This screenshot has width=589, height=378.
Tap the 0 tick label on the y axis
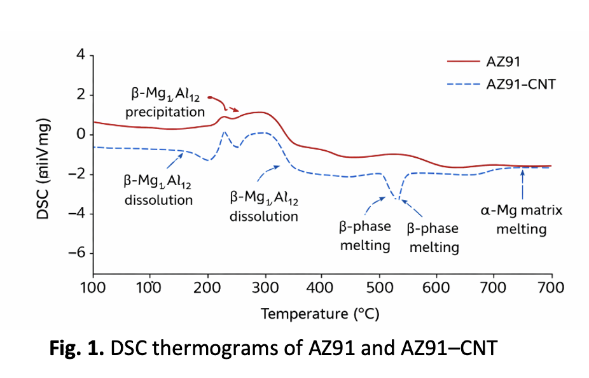80,134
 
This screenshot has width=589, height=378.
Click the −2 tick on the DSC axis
77,174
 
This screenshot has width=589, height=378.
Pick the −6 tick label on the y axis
77,253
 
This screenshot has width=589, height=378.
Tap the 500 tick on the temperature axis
380,287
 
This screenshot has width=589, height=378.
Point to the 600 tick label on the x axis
437,287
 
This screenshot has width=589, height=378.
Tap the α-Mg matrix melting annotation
521,220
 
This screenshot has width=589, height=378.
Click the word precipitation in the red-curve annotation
165,113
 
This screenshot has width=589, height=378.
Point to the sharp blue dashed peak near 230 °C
225,132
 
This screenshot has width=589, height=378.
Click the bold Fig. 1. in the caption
74,349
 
